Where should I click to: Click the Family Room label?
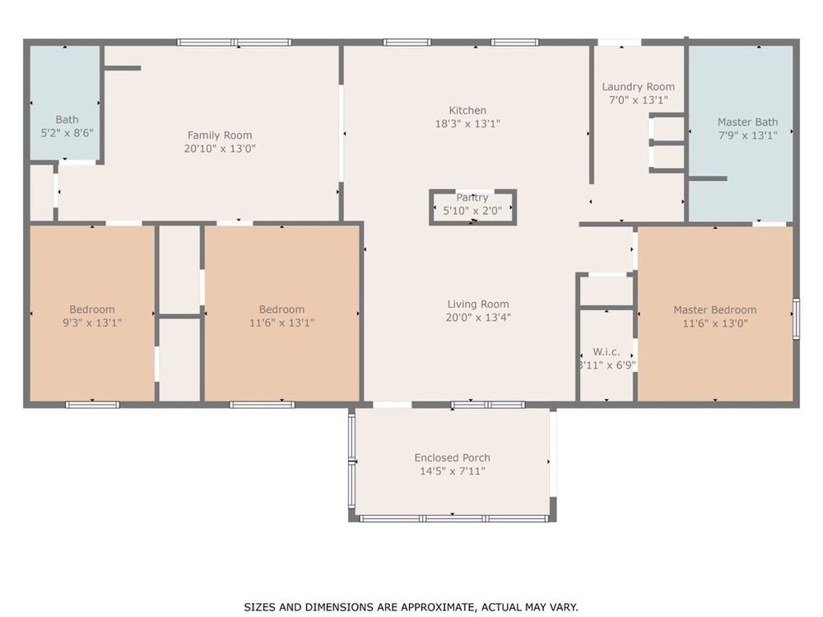pos(220,136)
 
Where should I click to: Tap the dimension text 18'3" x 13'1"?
pos(467,124)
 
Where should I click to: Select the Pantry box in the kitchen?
pos(473,207)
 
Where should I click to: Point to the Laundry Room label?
pos(639,87)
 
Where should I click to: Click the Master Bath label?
pos(748,123)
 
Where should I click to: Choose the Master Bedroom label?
pos(715,310)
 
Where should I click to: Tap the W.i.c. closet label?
pos(607,352)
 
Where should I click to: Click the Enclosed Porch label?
pos(453,458)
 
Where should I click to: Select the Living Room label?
pos(478,304)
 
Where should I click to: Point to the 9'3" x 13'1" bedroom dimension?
pos(92,322)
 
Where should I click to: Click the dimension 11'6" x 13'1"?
pos(281,322)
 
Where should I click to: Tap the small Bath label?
pos(67,120)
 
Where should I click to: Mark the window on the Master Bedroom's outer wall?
pos(796,318)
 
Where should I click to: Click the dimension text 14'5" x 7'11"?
pos(453,471)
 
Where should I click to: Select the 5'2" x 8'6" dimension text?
pos(67,133)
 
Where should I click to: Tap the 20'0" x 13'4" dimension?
pos(478,318)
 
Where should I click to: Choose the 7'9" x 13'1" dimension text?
pos(748,136)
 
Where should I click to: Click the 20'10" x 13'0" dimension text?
pos(220,148)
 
